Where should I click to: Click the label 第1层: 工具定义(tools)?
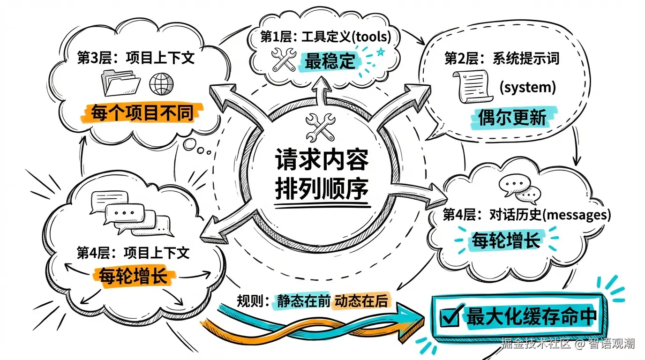[325, 37]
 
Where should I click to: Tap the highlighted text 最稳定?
[330, 61]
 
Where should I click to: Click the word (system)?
[527, 87]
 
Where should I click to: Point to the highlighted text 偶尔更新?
[512, 118]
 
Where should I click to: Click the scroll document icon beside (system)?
[472, 87]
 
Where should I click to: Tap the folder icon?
[121, 83]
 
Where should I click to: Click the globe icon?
[161, 84]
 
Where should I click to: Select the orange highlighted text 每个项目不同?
[142, 113]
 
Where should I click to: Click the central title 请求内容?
[321, 161]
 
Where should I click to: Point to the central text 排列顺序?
[321, 189]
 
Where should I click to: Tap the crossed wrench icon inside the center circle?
[320, 126]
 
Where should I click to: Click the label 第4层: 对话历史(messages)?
[527, 215]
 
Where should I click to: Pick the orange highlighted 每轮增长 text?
[133, 276]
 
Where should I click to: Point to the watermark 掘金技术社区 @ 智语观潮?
[568, 344]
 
